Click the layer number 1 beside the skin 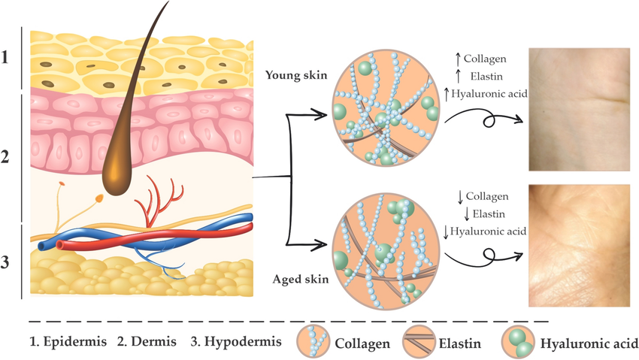coord(7,57)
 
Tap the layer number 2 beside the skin coord(7,158)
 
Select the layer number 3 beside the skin coord(7,263)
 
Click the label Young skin coord(293,75)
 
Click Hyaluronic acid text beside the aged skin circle coord(489,230)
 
